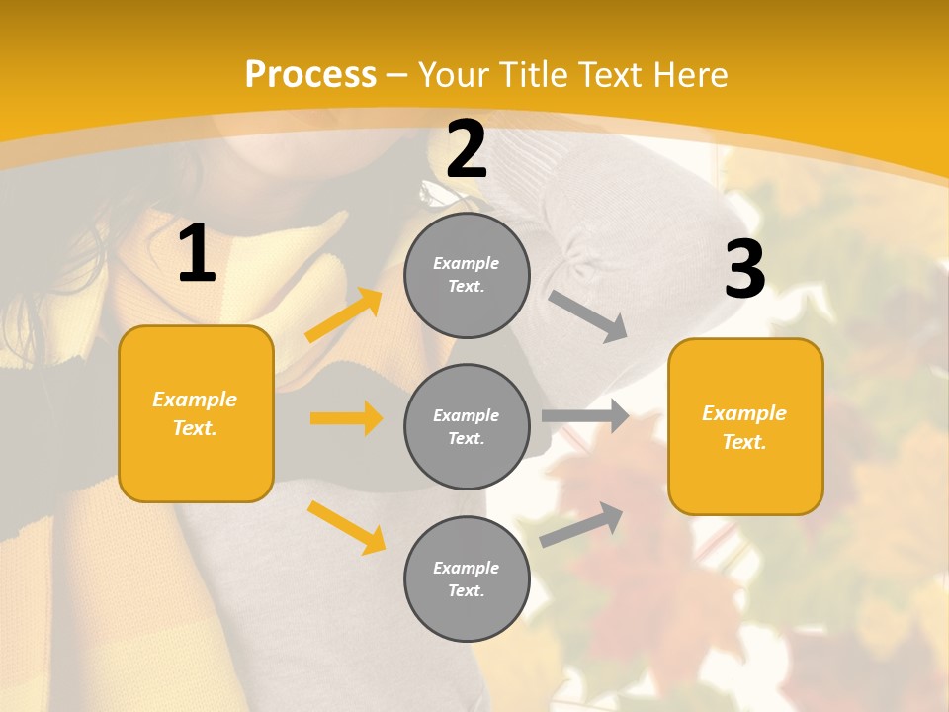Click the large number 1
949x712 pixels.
pyautogui.click(x=197, y=254)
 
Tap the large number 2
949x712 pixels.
pyautogui.click(x=467, y=149)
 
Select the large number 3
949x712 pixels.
pyautogui.click(x=744, y=270)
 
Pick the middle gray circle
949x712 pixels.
pyautogui.click(x=467, y=426)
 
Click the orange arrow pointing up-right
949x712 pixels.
pyautogui.click(x=344, y=314)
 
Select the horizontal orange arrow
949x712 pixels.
pyautogui.click(x=346, y=418)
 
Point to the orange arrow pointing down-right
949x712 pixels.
pyautogui.click(x=347, y=527)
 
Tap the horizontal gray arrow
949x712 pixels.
pyautogui.click(x=585, y=415)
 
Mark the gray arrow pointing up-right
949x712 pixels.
pyautogui.click(x=581, y=524)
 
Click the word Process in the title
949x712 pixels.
pyautogui.click(x=310, y=74)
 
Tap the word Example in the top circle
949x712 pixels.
pyautogui.click(x=467, y=263)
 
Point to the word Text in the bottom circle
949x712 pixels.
pyautogui.click(x=465, y=590)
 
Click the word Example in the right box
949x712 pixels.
pyautogui.click(x=744, y=413)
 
